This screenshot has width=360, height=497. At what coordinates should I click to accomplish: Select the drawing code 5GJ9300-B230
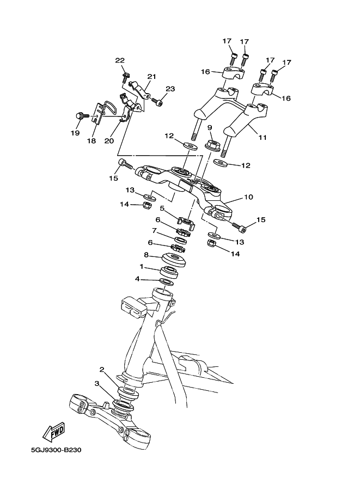point(56,450)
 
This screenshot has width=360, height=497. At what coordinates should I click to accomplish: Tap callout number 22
point(120,60)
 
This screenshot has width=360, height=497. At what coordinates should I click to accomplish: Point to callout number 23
point(170,89)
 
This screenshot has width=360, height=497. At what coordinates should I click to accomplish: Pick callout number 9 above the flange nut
point(209,127)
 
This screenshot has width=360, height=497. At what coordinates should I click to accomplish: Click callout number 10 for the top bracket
point(248,198)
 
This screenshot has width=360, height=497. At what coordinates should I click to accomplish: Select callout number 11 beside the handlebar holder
point(262,138)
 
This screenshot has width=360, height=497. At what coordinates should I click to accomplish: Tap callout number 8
point(146,255)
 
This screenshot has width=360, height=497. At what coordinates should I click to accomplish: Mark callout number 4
point(138,279)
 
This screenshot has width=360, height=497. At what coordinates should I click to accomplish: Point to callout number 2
point(102,370)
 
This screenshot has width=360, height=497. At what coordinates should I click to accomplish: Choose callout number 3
point(97,384)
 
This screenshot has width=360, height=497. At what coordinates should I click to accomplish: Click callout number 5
point(162,208)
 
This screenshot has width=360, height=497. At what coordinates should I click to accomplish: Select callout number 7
point(154,231)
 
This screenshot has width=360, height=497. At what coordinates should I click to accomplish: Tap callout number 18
point(91,141)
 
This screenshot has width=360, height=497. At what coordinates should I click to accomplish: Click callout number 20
point(109,141)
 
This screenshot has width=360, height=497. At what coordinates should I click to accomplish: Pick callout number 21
point(151,76)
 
